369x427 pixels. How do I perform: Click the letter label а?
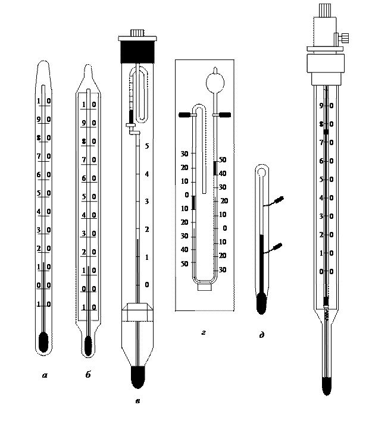[45, 375]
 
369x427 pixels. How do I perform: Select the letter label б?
[89, 375]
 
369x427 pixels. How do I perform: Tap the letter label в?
[139, 403]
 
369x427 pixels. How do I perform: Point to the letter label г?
[205, 334]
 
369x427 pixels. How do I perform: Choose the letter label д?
[262, 337]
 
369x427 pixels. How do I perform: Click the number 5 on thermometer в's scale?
[146, 146]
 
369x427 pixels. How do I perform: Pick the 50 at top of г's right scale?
[222, 160]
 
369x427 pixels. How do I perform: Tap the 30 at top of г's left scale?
[185, 153]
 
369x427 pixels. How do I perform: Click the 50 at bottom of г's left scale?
[185, 263]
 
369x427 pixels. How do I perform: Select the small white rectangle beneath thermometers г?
[205, 287]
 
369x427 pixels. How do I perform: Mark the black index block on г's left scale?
[193, 202]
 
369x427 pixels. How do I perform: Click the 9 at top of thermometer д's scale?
[321, 106]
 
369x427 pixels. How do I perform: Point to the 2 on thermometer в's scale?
[146, 229]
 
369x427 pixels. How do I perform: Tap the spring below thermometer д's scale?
[326, 312]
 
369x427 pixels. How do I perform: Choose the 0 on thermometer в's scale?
[146, 285]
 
